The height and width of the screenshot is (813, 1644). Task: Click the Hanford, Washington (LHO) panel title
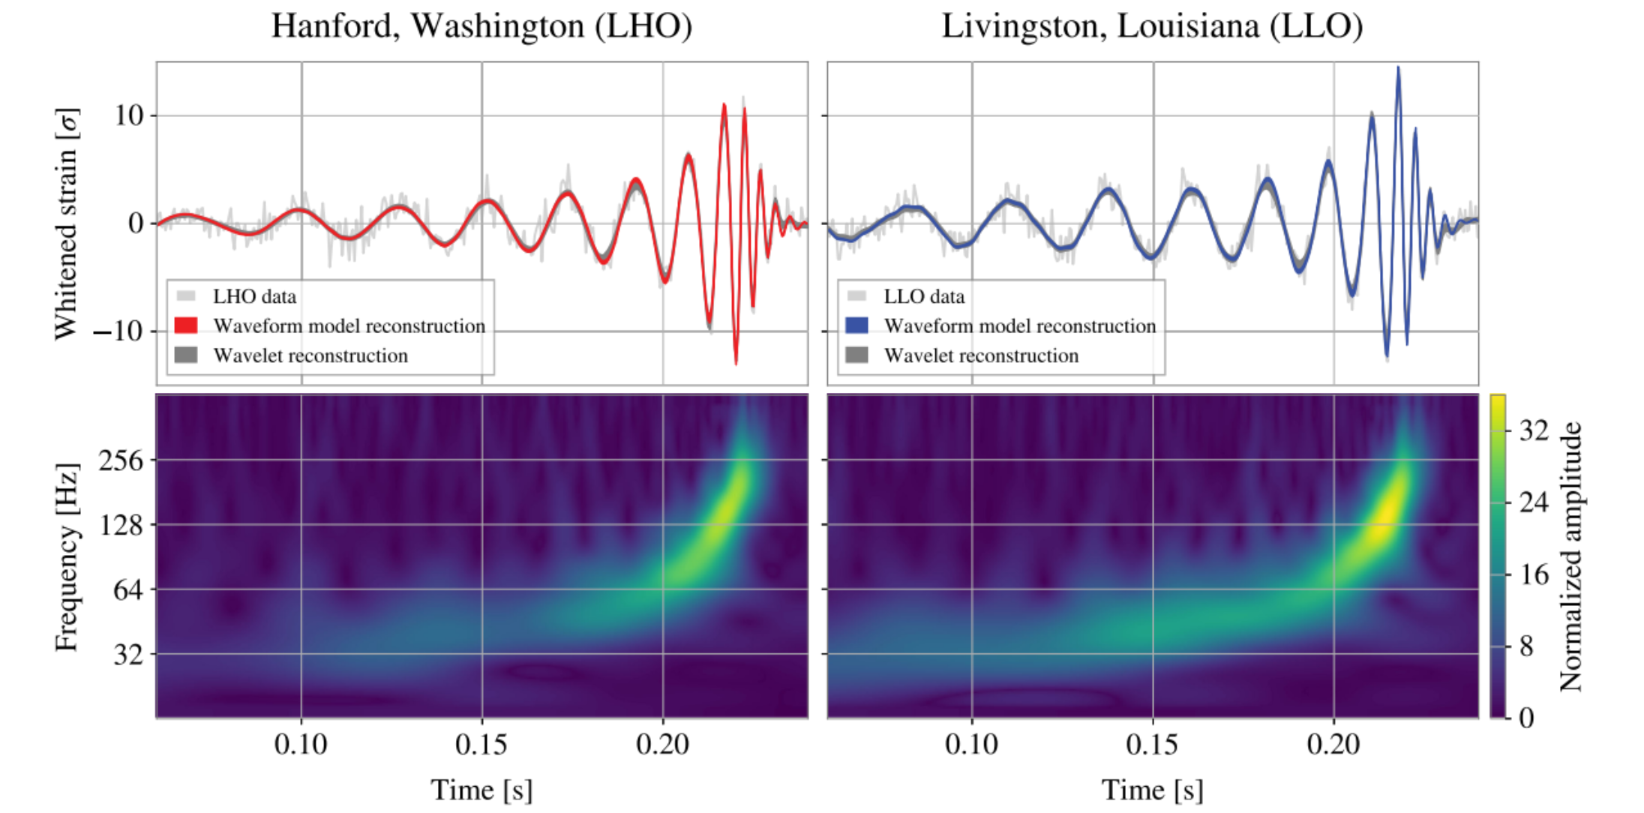point(481,26)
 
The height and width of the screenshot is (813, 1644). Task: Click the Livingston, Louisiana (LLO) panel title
point(1152,26)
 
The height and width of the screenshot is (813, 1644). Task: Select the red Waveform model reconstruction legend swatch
point(186,325)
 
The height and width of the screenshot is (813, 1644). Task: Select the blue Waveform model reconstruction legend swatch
point(856,325)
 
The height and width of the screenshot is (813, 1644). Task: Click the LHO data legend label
point(254,296)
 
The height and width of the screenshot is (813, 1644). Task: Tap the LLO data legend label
point(924,296)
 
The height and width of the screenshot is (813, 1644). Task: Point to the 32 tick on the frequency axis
point(128,654)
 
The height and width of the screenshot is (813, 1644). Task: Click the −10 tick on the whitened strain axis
point(118,331)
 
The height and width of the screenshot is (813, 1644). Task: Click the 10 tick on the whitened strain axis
point(128,115)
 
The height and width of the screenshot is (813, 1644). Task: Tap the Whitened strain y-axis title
point(66,223)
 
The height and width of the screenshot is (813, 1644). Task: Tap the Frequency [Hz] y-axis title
point(66,556)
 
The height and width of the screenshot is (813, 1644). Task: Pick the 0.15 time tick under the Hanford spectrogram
point(481,744)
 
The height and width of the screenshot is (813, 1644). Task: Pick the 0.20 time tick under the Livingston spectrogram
point(1333,744)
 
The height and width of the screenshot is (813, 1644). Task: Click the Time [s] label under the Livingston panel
point(1152,790)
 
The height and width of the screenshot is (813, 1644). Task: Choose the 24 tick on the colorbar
point(1534,502)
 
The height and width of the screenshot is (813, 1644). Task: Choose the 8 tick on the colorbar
point(1526,646)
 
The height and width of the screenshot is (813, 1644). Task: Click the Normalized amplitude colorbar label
point(1570,556)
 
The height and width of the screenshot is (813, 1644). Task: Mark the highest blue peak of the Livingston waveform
point(1398,68)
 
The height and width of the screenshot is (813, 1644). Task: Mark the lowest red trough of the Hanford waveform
point(736,364)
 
